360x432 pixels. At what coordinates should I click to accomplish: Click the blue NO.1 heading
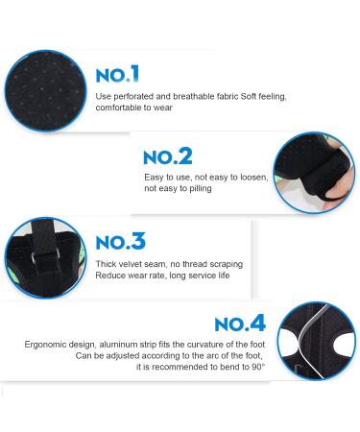tap(117, 74)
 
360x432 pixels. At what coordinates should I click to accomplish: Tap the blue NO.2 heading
tap(168, 156)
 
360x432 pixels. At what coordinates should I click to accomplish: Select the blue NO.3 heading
tap(121, 241)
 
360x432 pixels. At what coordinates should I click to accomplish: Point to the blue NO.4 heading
tap(240, 323)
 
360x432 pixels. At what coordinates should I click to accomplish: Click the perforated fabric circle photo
tap(45, 91)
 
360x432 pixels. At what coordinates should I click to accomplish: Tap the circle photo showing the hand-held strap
tap(314, 173)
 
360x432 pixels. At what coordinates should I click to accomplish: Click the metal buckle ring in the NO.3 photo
tap(45, 254)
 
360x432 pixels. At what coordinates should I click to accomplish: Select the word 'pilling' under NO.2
tap(201, 188)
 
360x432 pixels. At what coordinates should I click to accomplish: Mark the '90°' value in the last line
tap(258, 367)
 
